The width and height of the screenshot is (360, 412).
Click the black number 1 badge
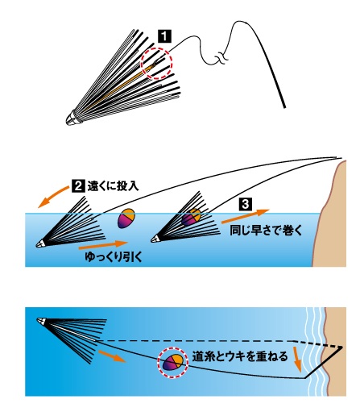pyautogui.click(x=165, y=36)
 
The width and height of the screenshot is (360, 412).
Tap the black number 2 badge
pyautogui.click(x=78, y=185)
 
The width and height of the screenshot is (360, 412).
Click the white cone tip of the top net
pyautogui.click(x=72, y=119)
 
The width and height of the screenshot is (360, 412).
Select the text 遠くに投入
pyautogui.click(x=113, y=185)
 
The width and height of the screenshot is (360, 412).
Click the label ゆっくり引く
pyautogui.click(x=114, y=257)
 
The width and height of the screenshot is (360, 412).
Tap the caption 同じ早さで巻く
pyautogui.click(x=266, y=231)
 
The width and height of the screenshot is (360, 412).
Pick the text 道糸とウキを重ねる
pyautogui.click(x=240, y=356)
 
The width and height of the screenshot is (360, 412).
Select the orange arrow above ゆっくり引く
pyautogui.click(x=103, y=244)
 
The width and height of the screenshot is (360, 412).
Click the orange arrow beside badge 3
pyautogui.click(x=246, y=216)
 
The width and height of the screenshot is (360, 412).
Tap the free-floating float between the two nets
pyautogui.click(x=126, y=218)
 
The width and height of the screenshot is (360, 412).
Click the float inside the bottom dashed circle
pyautogui.click(x=173, y=363)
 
